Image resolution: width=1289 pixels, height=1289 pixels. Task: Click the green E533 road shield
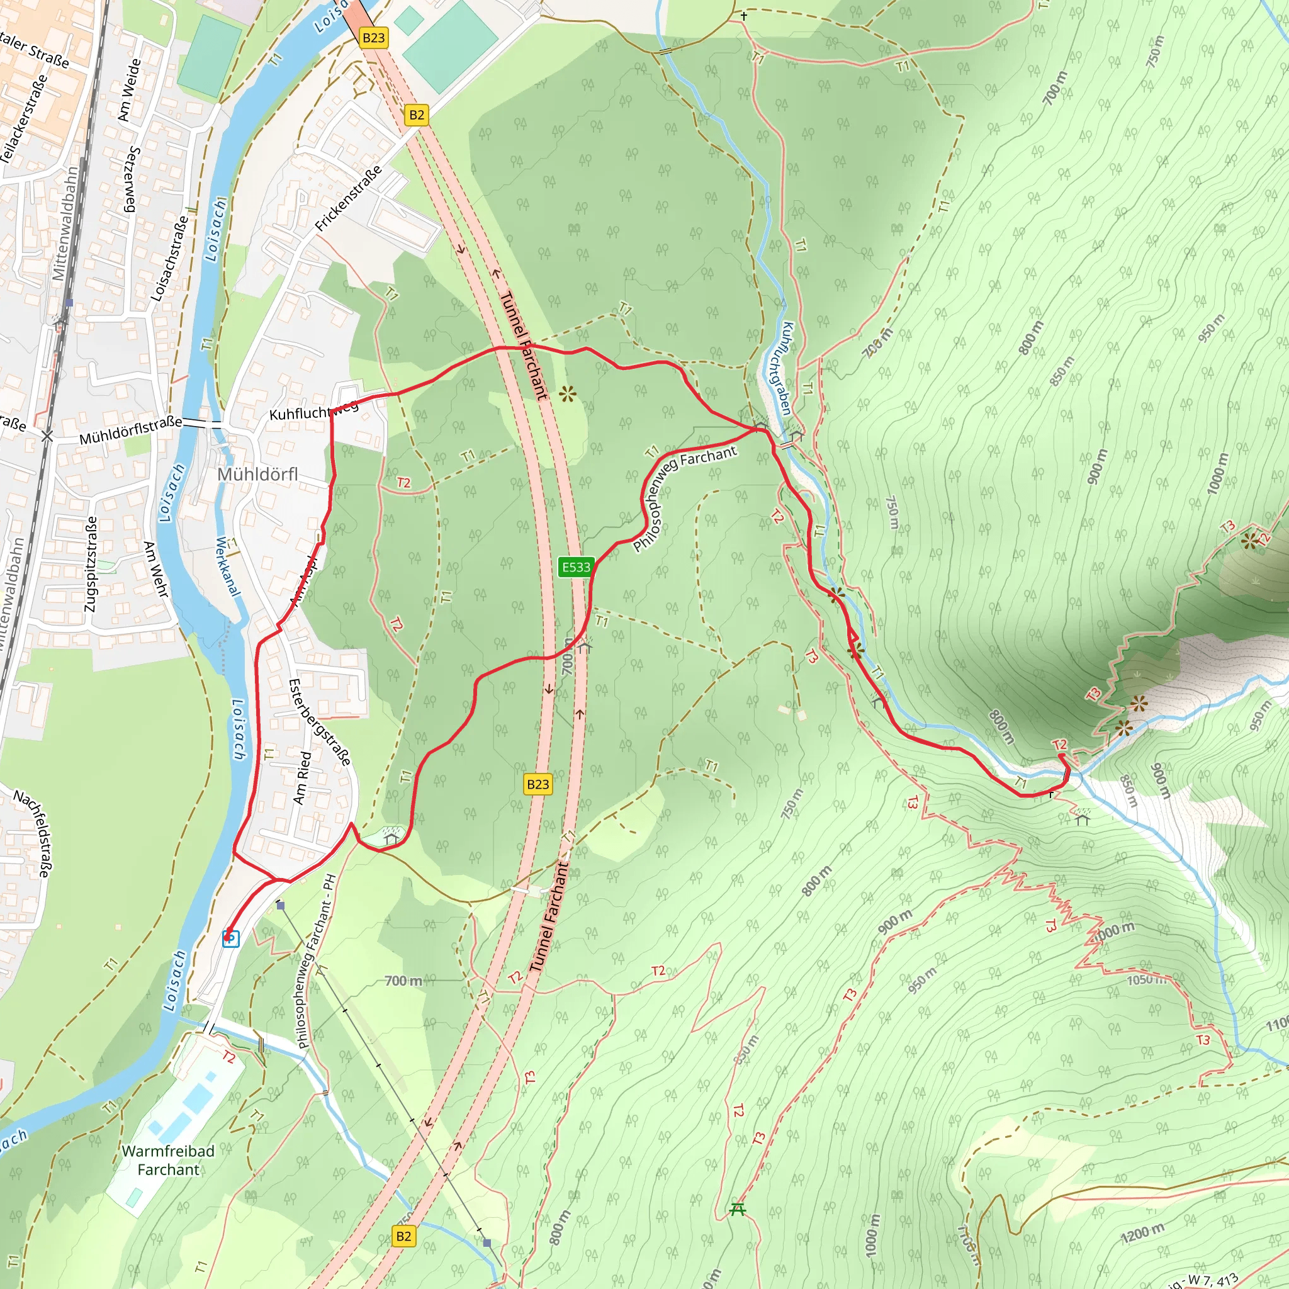[x=576, y=567]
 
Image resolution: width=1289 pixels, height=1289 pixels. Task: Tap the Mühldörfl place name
[x=257, y=475]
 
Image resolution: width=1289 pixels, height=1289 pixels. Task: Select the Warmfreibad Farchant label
[x=168, y=1160]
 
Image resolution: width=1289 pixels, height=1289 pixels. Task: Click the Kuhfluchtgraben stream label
[x=787, y=368]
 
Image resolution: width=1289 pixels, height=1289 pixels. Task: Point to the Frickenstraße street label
[x=348, y=198]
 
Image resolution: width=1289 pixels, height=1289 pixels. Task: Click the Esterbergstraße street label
[x=319, y=722]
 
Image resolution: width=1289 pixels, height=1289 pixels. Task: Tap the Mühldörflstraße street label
[x=130, y=431]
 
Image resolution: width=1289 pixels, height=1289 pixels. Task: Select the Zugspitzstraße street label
[x=91, y=564]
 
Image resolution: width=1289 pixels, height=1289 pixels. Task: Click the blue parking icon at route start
[x=231, y=938]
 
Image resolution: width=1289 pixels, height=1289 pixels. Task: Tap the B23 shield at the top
[x=373, y=37]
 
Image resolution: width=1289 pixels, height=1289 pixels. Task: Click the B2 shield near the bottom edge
[x=403, y=1236]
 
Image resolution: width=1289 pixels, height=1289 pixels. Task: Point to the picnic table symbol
[x=737, y=1209]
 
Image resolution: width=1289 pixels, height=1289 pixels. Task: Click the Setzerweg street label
[x=132, y=179]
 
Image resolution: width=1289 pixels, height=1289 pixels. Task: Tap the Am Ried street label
[x=302, y=777]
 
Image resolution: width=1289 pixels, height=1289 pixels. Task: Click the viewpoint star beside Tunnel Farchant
[x=567, y=394]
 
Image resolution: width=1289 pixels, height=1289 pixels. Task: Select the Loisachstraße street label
[x=170, y=258]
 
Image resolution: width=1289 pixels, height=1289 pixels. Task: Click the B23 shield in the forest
[x=538, y=784]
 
